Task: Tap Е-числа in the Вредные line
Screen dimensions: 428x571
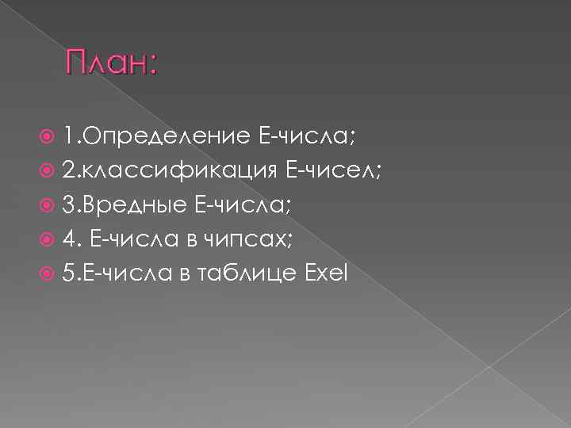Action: coord(243,207)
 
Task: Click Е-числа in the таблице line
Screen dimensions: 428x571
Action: coord(121,273)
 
